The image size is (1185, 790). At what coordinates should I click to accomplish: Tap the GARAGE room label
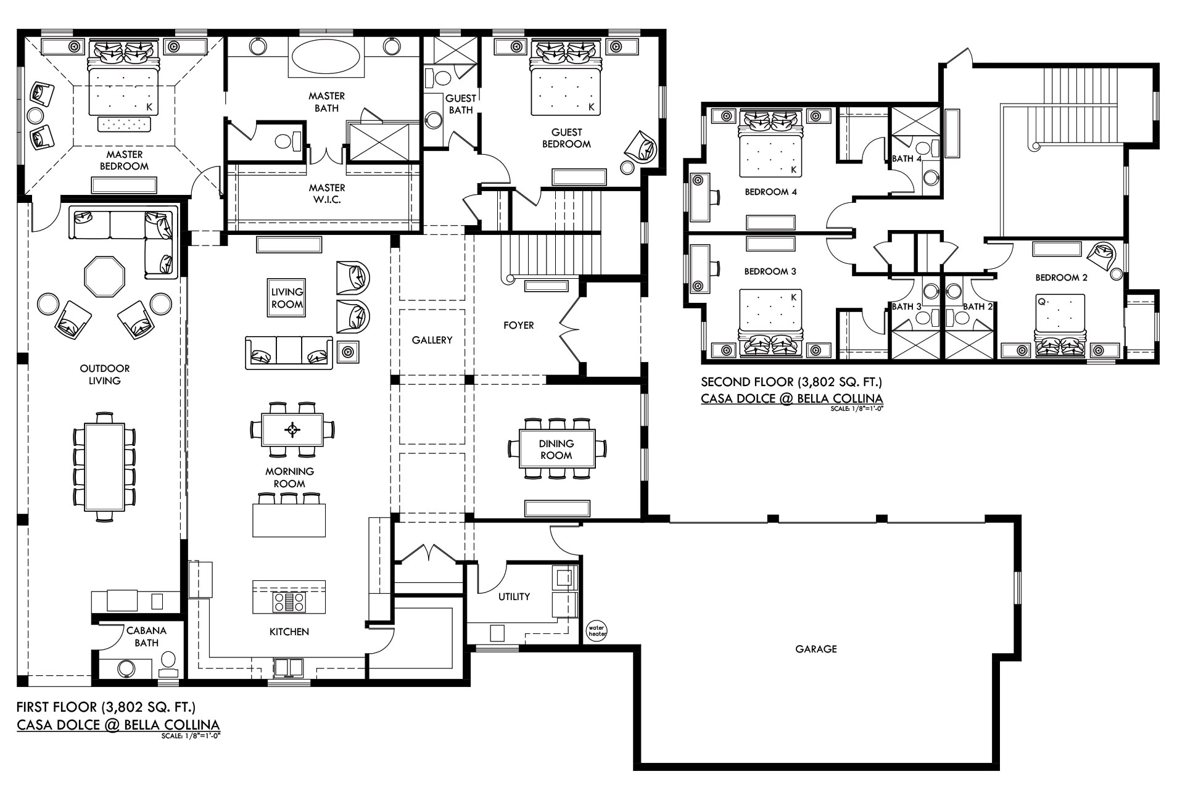pos(815,649)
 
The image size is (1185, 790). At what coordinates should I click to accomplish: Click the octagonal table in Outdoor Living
pos(104,276)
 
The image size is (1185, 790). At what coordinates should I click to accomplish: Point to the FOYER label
pos(518,325)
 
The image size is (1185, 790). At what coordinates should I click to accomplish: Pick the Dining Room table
pos(557,449)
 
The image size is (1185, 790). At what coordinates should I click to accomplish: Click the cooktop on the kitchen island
pos(289,602)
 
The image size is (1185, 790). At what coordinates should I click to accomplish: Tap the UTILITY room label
pos(514,596)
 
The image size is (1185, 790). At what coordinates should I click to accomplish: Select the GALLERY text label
pos(432,340)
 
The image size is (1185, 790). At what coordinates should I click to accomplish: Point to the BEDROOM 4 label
pos(770,192)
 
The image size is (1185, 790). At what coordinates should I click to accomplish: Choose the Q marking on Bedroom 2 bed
pos(1041,302)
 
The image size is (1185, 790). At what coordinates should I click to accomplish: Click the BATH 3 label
pos(906,307)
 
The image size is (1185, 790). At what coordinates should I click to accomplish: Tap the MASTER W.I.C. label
pos(327,194)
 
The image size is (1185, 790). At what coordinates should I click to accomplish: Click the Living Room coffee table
pos(287,298)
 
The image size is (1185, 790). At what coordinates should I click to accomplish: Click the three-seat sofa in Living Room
pos(289,353)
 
